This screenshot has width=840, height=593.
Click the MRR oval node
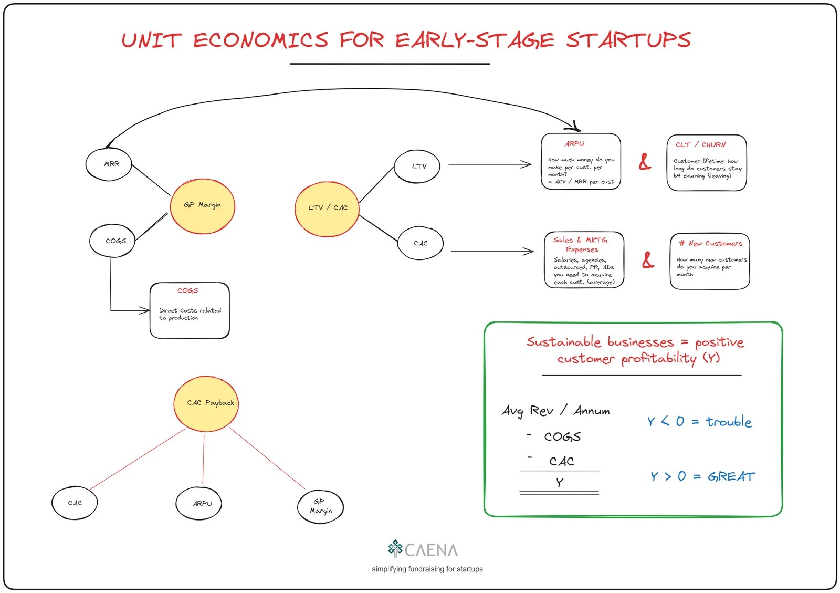tap(108, 164)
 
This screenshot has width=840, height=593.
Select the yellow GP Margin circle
tap(202, 205)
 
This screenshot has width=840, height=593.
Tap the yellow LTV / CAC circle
tap(327, 209)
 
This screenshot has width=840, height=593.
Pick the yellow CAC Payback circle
tap(206, 403)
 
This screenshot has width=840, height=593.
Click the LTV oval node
tap(417, 167)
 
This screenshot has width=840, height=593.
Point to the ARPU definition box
tap(581, 162)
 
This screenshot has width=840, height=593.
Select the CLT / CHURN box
tap(706, 163)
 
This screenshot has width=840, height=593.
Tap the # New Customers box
tap(710, 261)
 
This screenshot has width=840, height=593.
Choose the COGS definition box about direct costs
tap(190, 311)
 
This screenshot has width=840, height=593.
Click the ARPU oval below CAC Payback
tap(199, 503)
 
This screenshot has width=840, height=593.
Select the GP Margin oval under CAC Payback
tap(320, 506)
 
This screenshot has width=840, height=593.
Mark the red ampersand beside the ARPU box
tap(645, 162)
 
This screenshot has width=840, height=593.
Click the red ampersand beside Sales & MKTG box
tap(648, 259)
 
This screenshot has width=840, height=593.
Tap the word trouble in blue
tap(728, 422)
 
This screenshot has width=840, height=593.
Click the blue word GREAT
tap(731, 477)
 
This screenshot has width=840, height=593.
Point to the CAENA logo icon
tap(395, 548)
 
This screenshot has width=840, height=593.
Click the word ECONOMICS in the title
tap(260, 40)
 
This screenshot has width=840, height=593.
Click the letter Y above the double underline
tap(560, 482)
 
